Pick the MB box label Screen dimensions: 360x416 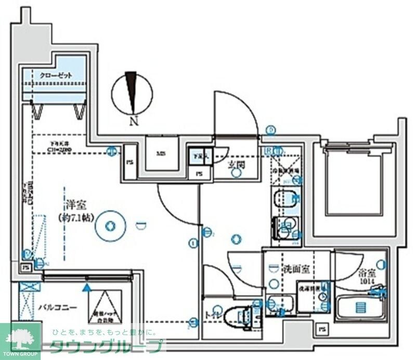click(162, 153)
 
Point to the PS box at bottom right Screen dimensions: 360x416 click(322, 329)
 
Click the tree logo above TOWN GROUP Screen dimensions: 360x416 click(20, 338)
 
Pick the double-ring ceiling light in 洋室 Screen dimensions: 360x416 click(110, 226)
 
